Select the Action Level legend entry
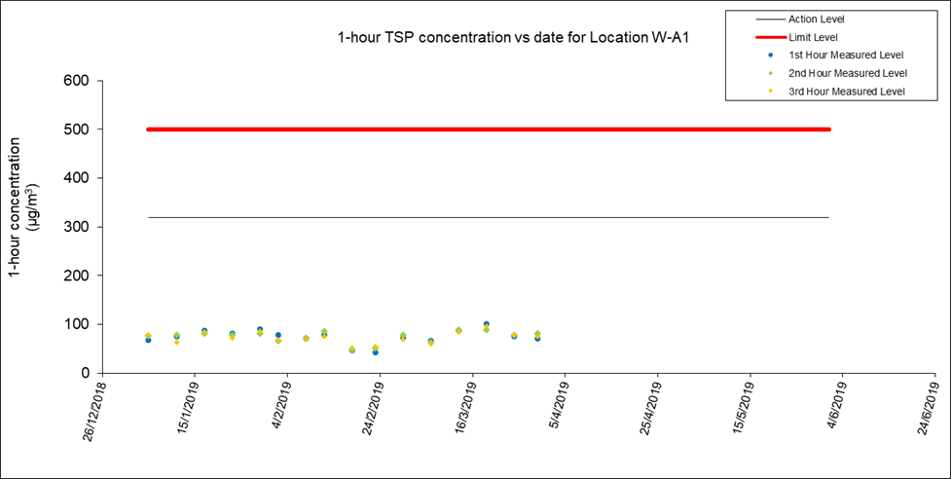pos(816,18)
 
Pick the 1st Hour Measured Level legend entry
pos(847,55)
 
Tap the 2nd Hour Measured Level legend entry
pos(848,73)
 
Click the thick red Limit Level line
pos(487,129)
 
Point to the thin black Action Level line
pos(487,217)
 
